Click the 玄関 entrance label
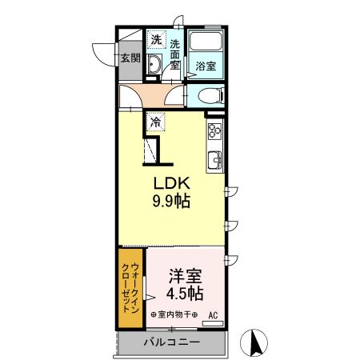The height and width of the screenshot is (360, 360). [x=130, y=58]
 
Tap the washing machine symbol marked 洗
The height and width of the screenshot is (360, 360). [x=157, y=40]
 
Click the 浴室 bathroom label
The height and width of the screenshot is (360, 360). [x=206, y=66]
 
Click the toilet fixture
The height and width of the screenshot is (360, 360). [x=207, y=97]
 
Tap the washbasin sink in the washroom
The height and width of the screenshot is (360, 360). [x=156, y=66]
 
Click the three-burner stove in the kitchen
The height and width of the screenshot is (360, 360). [x=215, y=131]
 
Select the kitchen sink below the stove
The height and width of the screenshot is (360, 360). [x=215, y=159]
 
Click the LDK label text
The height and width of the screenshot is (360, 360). [x=171, y=183]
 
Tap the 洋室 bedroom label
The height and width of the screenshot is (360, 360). [x=185, y=276]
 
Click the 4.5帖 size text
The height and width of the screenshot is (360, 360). [x=185, y=294]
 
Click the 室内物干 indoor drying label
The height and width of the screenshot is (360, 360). [x=174, y=314]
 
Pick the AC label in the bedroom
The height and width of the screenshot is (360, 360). [x=214, y=314]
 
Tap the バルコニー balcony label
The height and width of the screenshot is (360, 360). [x=172, y=342]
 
